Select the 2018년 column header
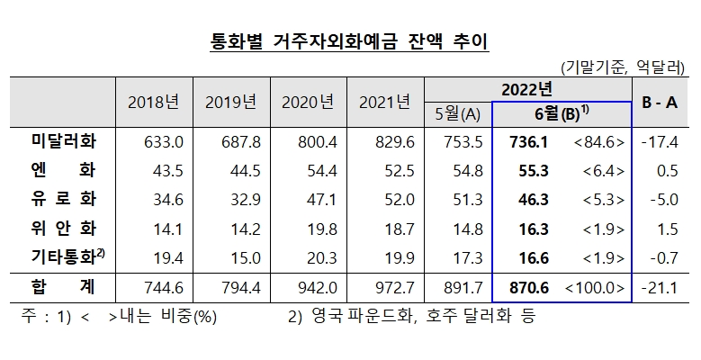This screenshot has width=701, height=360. point(154,101)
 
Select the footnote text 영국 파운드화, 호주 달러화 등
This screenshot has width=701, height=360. point(413,317)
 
